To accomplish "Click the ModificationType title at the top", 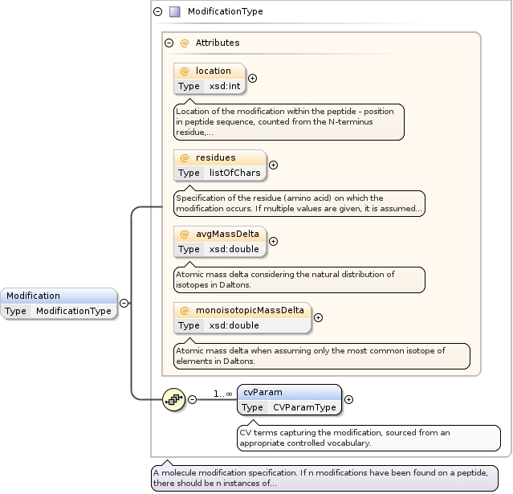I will pyautogui.click(x=225, y=12).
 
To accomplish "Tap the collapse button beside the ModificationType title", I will pyautogui.click(x=157, y=12).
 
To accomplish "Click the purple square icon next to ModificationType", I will pyautogui.click(x=174, y=12).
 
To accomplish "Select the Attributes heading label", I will pyautogui.click(x=217, y=43).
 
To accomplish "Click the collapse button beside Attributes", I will pyautogui.click(x=169, y=43).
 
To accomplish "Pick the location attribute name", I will pyautogui.click(x=213, y=71).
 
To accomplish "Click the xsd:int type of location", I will pyautogui.click(x=225, y=86).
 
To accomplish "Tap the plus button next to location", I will pyautogui.click(x=253, y=78).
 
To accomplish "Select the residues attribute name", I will pyautogui.click(x=215, y=157).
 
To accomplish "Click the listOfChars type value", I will pyautogui.click(x=235, y=173).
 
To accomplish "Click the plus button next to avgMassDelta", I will pyautogui.click(x=273, y=241).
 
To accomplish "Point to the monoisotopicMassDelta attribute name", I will pyautogui.click(x=250, y=310).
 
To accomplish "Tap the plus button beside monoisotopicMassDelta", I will pyautogui.click(x=318, y=317).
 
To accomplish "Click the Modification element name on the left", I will pyautogui.click(x=34, y=296).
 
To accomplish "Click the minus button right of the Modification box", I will pyautogui.click(x=124, y=303).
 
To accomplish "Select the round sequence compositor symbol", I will pyautogui.click(x=173, y=399).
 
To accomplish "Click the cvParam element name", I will pyautogui.click(x=263, y=393).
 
